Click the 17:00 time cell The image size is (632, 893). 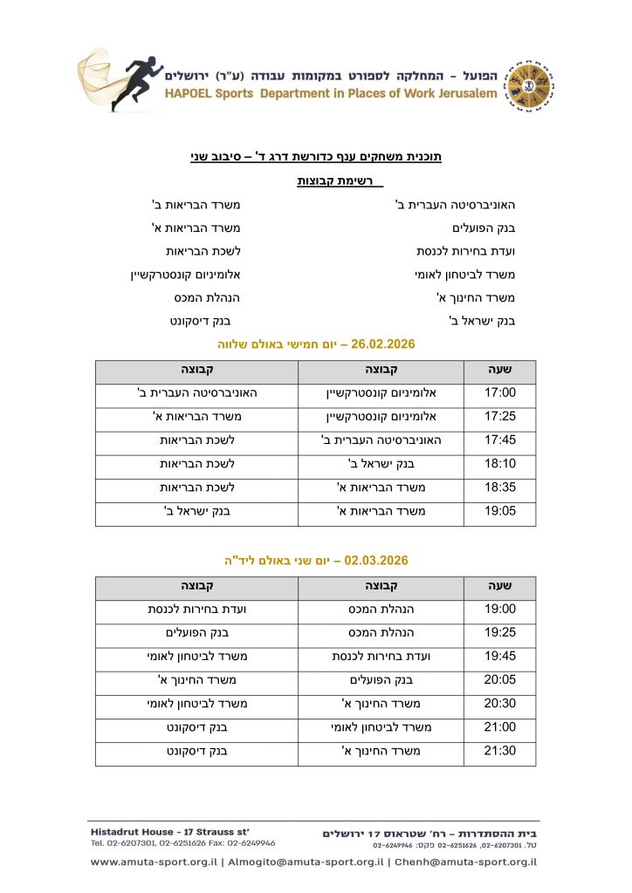coord(500,392)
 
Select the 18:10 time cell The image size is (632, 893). coord(500,463)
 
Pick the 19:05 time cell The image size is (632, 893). coord(500,510)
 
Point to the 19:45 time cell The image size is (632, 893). coord(500,656)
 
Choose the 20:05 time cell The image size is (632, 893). coord(500,679)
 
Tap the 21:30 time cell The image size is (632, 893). coord(500,751)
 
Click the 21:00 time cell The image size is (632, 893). coord(500,727)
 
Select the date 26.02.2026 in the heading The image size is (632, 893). coord(382,344)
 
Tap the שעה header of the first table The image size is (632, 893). coord(500,370)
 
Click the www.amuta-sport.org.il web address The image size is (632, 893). coord(154,862)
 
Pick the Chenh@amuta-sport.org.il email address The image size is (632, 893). coord(465,862)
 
